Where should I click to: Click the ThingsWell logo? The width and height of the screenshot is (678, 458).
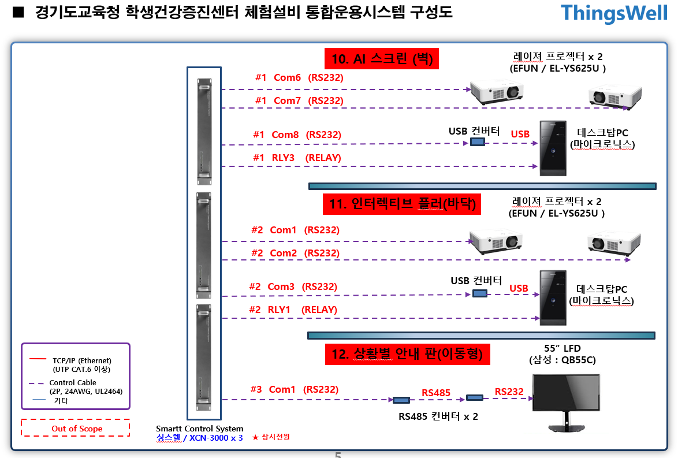(614, 13)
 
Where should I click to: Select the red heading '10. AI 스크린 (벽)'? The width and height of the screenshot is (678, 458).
(382, 58)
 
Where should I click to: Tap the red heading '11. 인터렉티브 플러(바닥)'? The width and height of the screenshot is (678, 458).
(401, 204)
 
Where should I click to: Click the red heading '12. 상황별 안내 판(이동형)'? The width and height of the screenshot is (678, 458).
(407, 353)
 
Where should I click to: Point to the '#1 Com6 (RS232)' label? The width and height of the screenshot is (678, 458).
(299, 77)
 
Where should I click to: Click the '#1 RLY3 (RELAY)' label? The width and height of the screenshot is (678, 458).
(297, 158)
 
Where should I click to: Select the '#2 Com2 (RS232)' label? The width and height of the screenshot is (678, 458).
(295, 253)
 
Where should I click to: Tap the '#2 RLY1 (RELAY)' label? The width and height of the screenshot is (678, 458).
(293, 310)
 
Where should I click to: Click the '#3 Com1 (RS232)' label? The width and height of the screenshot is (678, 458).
(294, 389)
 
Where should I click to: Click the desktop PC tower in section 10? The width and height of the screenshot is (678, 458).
(553, 148)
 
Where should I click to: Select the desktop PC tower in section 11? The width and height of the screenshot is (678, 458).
(553, 297)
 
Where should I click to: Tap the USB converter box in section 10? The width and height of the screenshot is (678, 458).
(477, 142)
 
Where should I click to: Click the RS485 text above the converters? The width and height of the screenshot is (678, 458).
(436, 393)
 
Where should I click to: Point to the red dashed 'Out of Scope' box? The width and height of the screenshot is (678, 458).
(76, 429)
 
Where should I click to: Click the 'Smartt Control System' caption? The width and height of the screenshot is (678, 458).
(199, 429)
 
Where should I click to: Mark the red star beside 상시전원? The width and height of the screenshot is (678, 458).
(255, 438)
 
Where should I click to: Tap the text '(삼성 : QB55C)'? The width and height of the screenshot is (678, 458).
(562, 360)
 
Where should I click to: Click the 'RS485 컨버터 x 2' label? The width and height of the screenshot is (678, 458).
(438, 416)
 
